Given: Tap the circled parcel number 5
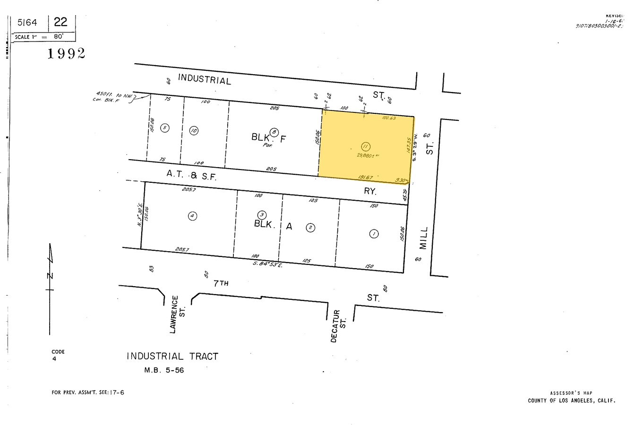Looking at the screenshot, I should [164, 127].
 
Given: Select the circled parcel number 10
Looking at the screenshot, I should [194, 130].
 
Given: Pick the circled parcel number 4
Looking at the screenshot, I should [192, 216].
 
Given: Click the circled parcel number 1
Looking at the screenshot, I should [374, 234].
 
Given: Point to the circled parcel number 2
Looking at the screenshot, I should [310, 228].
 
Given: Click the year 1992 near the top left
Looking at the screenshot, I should [66, 53].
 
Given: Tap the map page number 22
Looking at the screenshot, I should [60, 22].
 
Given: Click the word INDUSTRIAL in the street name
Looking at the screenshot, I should [205, 79].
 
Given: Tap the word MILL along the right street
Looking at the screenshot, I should [423, 238].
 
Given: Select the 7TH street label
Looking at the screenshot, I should [221, 284].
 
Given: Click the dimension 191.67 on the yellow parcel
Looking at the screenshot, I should [365, 178].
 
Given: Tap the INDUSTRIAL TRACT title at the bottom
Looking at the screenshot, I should [172, 357].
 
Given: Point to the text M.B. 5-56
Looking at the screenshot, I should [164, 370].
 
